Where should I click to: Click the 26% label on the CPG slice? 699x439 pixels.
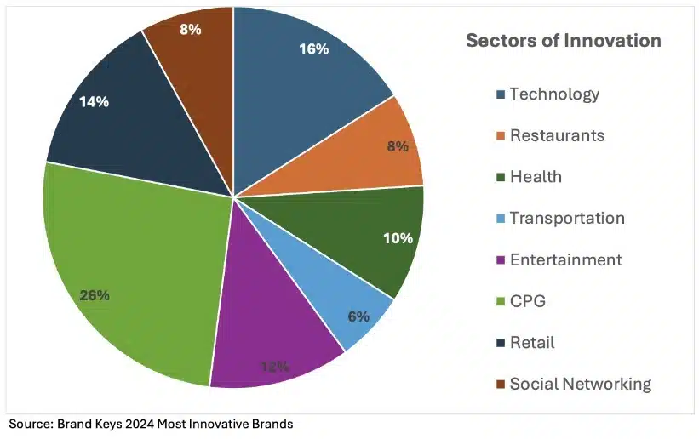pyautogui.click(x=95, y=296)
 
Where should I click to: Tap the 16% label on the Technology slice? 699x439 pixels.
pyautogui.click(x=313, y=49)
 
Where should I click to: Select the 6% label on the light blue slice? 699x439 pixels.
pyautogui.click(x=358, y=316)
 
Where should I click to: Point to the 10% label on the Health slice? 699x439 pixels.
pyautogui.click(x=397, y=238)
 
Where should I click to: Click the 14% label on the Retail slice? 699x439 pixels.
pyautogui.click(x=94, y=101)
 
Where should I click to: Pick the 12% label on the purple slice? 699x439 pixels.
pyautogui.click(x=274, y=367)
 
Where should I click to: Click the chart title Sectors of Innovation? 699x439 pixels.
pyautogui.click(x=563, y=41)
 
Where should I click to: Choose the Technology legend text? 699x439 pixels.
pyautogui.click(x=554, y=94)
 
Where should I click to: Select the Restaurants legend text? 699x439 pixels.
pyautogui.click(x=557, y=135)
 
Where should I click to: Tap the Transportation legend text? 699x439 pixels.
pyautogui.click(x=567, y=218)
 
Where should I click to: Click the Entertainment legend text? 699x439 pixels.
pyautogui.click(x=565, y=259)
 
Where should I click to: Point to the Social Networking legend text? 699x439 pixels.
pyautogui.click(x=580, y=384)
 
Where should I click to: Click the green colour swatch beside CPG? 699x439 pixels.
pyautogui.click(x=501, y=302)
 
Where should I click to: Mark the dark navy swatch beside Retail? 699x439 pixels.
pyautogui.click(x=501, y=344)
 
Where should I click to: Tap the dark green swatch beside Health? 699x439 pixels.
pyautogui.click(x=501, y=178)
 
